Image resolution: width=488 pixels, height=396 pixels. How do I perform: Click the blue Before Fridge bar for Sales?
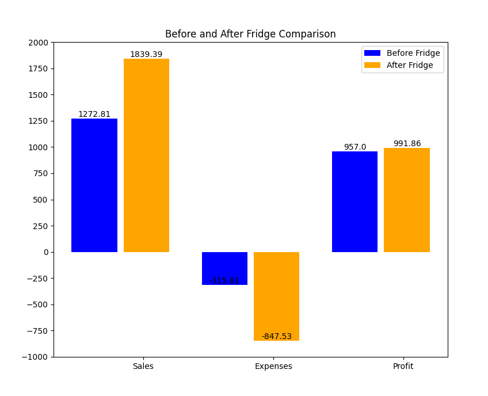94,185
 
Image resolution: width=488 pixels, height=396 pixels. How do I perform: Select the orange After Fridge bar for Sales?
146,155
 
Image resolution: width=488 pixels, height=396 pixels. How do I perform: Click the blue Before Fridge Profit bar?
354,201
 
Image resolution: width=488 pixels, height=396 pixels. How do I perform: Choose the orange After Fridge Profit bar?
406,200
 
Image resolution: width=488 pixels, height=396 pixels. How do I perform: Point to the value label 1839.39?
146,54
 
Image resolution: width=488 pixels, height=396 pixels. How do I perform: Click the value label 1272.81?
94,114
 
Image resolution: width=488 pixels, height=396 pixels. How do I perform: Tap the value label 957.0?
355,147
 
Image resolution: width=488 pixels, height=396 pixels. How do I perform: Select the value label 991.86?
407,143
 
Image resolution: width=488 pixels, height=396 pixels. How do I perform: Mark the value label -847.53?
277,336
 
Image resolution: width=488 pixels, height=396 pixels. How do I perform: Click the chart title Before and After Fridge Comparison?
250,34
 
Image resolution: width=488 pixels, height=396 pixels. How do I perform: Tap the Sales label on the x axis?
143,366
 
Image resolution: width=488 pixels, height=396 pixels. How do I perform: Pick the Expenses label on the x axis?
273,366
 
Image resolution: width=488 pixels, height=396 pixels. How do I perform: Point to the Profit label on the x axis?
403,366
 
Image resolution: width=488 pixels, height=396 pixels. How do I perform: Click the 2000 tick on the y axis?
40,43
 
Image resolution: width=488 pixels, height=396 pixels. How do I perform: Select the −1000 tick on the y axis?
37,357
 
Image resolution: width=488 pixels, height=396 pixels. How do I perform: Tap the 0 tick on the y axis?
46,252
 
